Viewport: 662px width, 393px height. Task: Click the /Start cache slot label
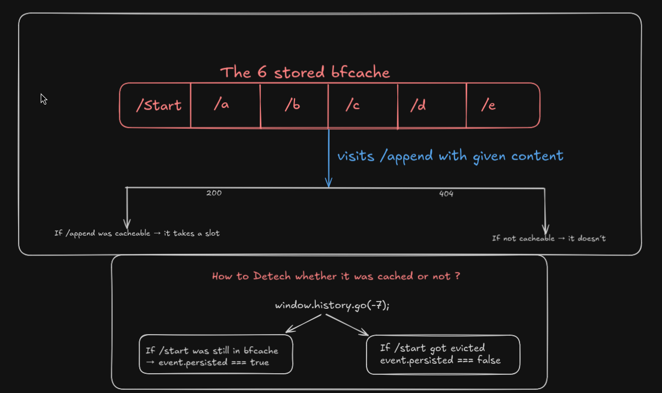pyautogui.click(x=159, y=105)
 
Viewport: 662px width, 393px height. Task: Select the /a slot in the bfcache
pyautogui.click(x=221, y=104)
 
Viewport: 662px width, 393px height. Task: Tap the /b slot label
pyautogui.click(x=292, y=105)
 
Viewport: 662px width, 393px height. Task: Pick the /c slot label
pyautogui.click(x=353, y=105)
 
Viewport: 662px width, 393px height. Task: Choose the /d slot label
pyautogui.click(x=418, y=105)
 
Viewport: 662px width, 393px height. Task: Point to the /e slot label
pyautogui.click(x=488, y=105)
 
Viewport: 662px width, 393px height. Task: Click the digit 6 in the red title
pyautogui.click(x=262, y=72)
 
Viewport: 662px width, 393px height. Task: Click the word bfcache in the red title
pyautogui.click(x=360, y=72)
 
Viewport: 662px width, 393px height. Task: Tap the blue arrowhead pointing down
pyautogui.click(x=329, y=182)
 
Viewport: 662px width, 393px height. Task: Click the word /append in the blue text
pyautogui.click(x=406, y=156)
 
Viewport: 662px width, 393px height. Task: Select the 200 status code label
pyautogui.click(x=214, y=193)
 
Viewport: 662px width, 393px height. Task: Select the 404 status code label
pyautogui.click(x=446, y=194)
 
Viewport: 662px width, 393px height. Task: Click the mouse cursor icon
pyautogui.click(x=43, y=99)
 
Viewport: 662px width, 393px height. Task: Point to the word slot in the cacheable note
pyautogui.click(x=212, y=233)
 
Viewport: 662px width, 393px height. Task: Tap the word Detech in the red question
pyautogui.click(x=272, y=276)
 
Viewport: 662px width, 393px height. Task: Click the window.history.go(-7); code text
pyautogui.click(x=332, y=305)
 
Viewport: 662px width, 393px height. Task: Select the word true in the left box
pyautogui.click(x=260, y=362)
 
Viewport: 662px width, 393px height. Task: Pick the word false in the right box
pyautogui.click(x=489, y=360)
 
